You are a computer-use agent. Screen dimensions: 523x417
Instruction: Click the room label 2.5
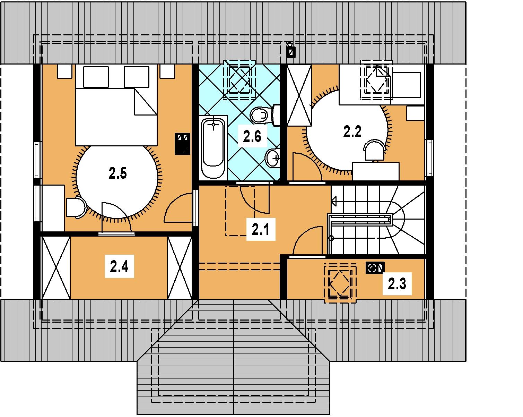[x=117, y=174]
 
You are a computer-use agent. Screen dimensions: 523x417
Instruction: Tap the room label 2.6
[x=252, y=136]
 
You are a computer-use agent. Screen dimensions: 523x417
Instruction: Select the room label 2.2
[x=352, y=131]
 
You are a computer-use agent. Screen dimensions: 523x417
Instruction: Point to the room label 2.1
[x=261, y=229]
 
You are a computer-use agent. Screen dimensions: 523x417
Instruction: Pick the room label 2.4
[x=119, y=266]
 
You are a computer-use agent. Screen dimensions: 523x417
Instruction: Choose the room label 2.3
[x=397, y=284]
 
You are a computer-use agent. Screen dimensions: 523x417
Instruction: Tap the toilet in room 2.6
[x=265, y=115]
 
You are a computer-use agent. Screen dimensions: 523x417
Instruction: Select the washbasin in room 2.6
[x=273, y=158]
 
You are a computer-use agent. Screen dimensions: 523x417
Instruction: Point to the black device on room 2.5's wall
[x=182, y=144]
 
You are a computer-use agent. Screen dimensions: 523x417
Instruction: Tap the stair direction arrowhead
[x=333, y=201]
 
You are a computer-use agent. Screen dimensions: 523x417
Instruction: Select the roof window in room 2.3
[x=340, y=283]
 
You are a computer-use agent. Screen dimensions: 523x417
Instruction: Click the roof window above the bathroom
[x=239, y=80]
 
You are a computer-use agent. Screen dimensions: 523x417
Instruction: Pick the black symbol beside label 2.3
[x=375, y=268]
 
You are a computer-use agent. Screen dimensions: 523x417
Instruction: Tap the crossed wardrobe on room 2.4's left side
[x=56, y=267]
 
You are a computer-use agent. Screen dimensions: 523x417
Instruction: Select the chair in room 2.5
[x=76, y=207]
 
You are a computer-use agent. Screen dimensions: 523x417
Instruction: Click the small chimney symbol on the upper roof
[x=291, y=50]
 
